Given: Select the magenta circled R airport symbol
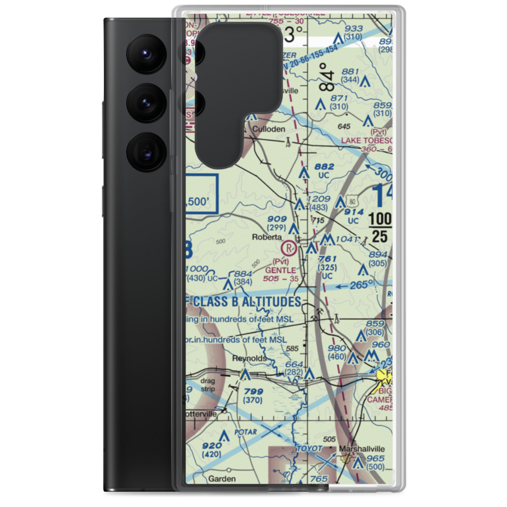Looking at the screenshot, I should point(288,248).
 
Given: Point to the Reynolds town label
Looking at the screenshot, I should point(249,358).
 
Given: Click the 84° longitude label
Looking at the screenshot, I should point(328,78).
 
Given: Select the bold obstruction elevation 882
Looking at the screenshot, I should point(324,166).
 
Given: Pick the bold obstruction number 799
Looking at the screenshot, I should point(253,391).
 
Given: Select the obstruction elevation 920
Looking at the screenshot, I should point(211,446).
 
